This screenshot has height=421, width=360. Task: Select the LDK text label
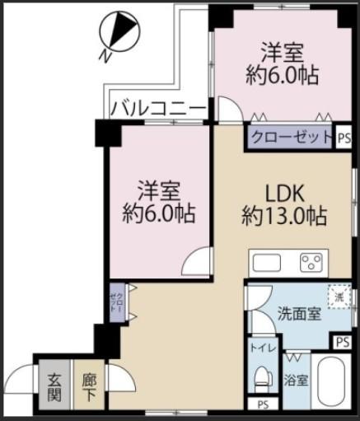point(285,194)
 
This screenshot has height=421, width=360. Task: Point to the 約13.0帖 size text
point(284,217)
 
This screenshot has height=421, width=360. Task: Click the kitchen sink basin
point(266,264)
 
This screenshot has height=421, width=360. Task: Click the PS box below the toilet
point(263,405)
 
